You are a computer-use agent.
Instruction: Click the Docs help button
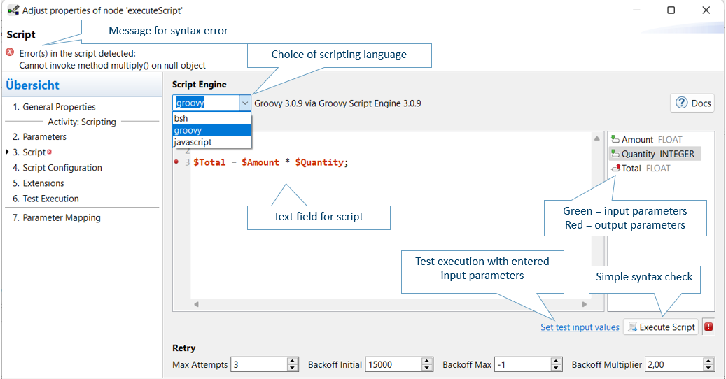(x=692, y=103)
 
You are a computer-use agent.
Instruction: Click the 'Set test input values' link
(x=580, y=327)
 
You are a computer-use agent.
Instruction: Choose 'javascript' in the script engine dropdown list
(x=193, y=143)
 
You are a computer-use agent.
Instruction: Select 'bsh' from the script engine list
(x=181, y=118)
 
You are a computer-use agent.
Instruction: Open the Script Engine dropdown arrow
(x=245, y=103)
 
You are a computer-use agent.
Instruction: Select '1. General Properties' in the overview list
(x=54, y=107)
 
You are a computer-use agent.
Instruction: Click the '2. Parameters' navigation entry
(x=39, y=137)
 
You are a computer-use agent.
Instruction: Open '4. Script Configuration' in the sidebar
(x=57, y=168)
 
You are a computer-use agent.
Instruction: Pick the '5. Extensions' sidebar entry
(x=39, y=183)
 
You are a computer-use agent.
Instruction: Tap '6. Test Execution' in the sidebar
(x=46, y=199)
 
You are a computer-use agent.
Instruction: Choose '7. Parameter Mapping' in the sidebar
(x=57, y=217)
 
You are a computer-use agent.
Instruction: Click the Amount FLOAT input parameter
(x=646, y=140)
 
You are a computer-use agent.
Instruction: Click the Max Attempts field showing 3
(x=259, y=365)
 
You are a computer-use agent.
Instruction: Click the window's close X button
(x=706, y=10)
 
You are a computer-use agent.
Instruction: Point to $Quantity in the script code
(x=319, y=162)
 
